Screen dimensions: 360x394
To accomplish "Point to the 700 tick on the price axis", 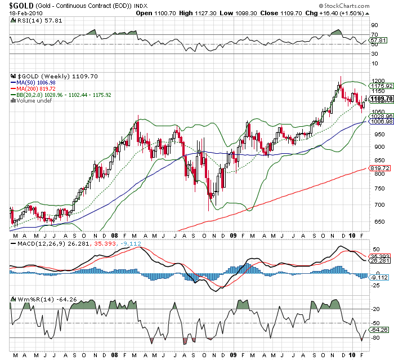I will [374, 205].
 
